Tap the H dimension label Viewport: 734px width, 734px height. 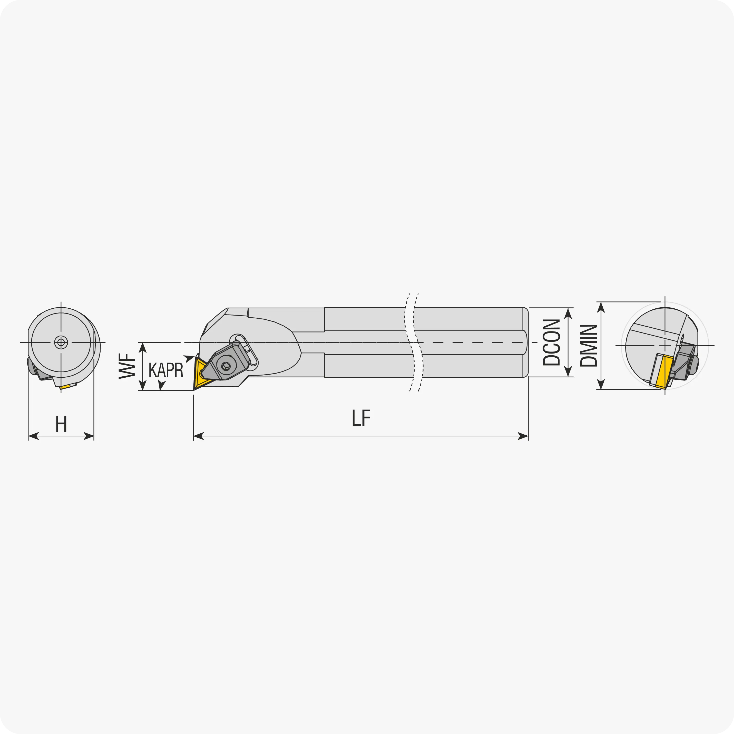click(x=61, y=424)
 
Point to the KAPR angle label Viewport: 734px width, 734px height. click(x=166, y=370)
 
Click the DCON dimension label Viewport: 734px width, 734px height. click(x=552, y=342)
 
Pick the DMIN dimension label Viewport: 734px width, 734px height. click(x=589, y=345)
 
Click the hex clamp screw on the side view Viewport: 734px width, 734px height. click(x=226, y=366)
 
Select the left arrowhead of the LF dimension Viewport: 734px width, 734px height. click(x=198, y=436)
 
